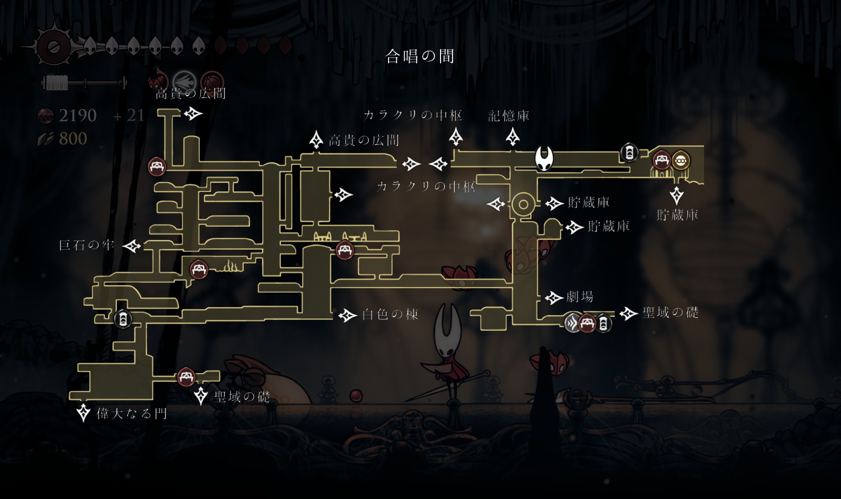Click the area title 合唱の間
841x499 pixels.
tap(419, 56)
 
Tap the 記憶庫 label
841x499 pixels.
tap(509, 116)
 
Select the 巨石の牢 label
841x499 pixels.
tap(87, 245)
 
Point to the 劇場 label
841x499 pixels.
tap(580, 297)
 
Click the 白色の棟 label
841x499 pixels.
tap(390, 315)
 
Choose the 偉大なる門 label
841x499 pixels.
tap(132, 414)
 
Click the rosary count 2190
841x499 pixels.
tap(77, 115)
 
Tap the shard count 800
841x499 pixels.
tap(73, 139)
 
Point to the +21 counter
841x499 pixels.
tap(129, 115)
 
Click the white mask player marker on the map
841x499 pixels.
tap(544, 158)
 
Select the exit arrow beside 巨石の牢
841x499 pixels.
tap(132, 246)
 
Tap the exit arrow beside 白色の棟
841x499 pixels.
tap(347, 315)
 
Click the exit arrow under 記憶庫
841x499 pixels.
tap(513, 137)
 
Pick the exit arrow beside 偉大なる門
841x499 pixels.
tap(83, 412)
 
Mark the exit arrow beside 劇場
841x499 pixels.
tap(554, 297)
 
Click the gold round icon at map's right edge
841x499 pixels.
tap(680, 161)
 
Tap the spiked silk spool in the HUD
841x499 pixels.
tap(53, 46)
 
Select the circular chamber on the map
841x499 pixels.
tap(523, 204)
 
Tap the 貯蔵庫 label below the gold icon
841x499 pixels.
tap(678, 215)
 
